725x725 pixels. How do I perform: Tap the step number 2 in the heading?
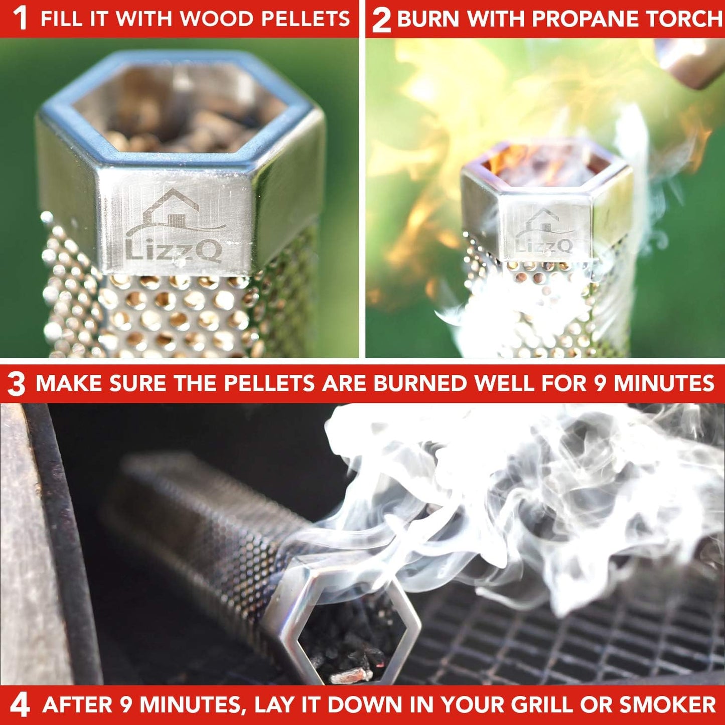point(381,20)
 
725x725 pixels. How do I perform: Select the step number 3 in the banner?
point(17,384)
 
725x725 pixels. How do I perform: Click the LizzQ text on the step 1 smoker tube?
point(173,250)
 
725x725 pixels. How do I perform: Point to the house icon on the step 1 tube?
point(168,213)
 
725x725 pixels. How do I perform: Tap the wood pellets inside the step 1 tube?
point(176,125)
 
